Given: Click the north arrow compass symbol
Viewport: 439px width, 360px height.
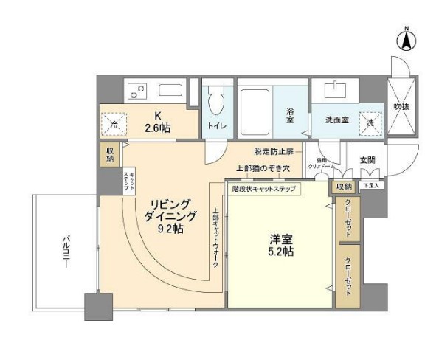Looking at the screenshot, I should point(407,38).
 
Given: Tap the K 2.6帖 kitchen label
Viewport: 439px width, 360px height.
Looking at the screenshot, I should point(157,121).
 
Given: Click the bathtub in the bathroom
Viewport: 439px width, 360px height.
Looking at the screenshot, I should point(255,111).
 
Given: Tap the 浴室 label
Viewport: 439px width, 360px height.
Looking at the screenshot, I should point(290,116).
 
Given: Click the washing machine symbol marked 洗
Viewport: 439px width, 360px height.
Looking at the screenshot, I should point(370,122).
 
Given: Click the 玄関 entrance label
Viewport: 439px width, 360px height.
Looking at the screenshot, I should point(367,159).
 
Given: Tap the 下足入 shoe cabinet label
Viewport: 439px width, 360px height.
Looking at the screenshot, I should point(370,185).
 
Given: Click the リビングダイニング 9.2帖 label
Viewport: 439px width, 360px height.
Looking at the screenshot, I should point(171,216).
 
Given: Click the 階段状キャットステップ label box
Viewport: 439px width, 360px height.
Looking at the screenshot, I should point(264,189).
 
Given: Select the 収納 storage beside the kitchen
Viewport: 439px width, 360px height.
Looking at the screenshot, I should point(109,154).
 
